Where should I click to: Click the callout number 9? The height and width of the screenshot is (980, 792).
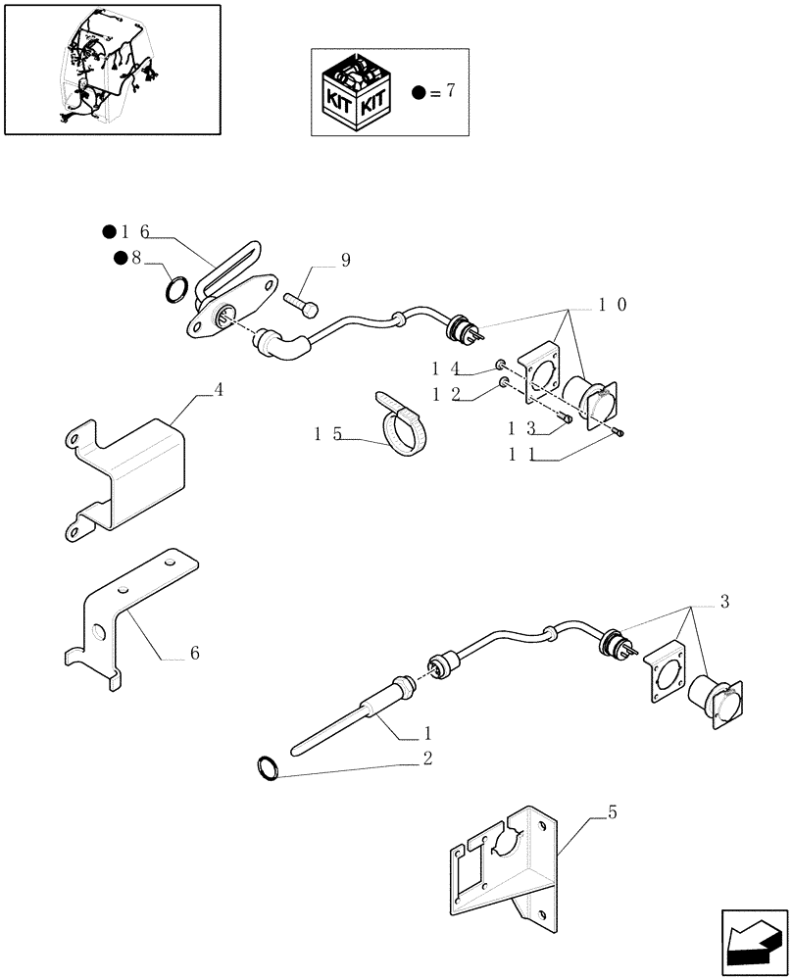pyautogui.click(x=345, y=260)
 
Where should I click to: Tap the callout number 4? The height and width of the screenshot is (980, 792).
pyautogui.click(x=219, y=390)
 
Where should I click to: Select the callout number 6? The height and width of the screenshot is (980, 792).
pyautogui.click(x=194, y=653)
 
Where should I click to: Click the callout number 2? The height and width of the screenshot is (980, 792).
pyautogui.click(x=427, y=758)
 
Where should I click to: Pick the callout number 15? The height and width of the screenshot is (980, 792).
pyautogui.click(x=328, y=433)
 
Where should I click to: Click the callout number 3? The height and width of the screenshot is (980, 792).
pyautogui.click(x=724, y=601)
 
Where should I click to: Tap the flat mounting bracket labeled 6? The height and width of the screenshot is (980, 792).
pyautogui.click(x=127, y=617)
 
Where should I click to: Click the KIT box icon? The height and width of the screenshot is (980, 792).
pyautogui.click(x=357, y=93)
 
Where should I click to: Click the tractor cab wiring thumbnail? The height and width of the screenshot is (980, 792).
pyautogui.click(x=111, y=69)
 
